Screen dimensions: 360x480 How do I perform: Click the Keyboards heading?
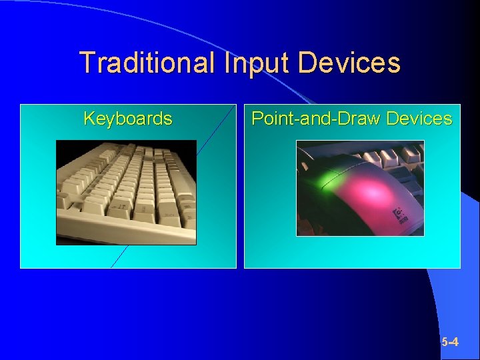128,119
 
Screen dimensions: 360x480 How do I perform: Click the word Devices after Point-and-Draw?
419,119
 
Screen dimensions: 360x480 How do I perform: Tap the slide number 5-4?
450,342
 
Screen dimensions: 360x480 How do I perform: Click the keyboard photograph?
126,192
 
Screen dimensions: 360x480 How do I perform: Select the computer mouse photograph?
360,188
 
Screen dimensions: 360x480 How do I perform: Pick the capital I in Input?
228,63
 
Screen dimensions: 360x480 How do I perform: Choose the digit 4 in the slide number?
455,342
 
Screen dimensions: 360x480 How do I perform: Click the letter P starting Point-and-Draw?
257,119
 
